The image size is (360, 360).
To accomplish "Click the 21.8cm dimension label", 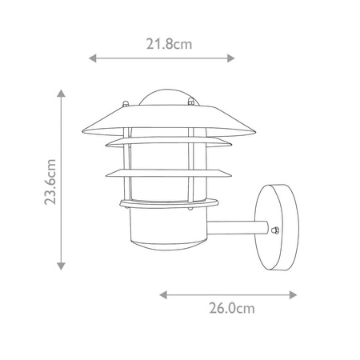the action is pyautogui.click(x=169, y=44).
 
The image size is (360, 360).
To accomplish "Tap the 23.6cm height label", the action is pyautogui.click(x=50, y=182).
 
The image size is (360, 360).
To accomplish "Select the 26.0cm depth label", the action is pyautogui.click(x=232, y=308).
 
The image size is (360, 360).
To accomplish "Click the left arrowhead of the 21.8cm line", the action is pyautogui.click(x=93, y=58).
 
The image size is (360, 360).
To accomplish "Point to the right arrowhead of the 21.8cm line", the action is pyautogui.click(x=230, y=58).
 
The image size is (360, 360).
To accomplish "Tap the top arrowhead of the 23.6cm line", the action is pyautogui.click(x=61, y=94).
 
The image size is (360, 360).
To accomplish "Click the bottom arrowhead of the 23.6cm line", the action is pyautogui.click(x=61, y=266).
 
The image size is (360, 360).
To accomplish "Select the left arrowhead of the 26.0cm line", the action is pyautogui.click(x=163, y=295).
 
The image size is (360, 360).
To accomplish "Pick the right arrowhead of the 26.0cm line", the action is pyautogui.click(x=293, y=295).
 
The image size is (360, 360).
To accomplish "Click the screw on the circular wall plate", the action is pyautogui.click(x=275, y=230).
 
